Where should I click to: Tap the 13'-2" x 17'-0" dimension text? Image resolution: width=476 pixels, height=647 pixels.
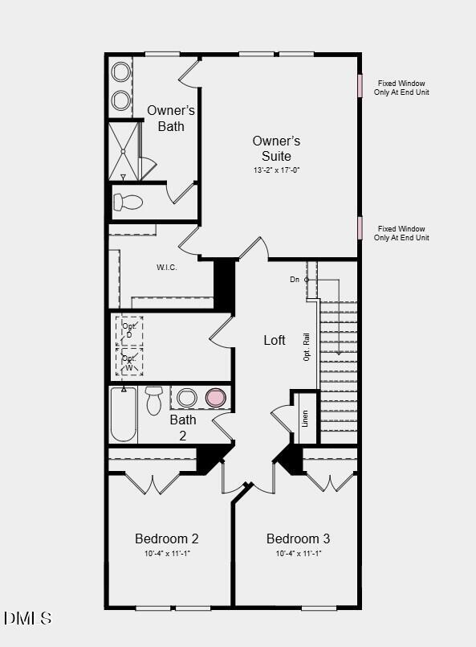pyautogui.click(x=276, y=170)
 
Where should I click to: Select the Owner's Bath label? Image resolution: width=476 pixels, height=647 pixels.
pyautogui.click(x=170, y=118)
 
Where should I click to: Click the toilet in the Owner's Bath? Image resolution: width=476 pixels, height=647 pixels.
pyautogui.click(x=127, y=201)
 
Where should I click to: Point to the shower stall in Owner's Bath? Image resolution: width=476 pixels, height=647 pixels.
pyautogui.click(x=124, y=150)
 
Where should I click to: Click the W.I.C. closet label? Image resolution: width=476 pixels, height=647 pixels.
pyautogui.click(x=166, y=267)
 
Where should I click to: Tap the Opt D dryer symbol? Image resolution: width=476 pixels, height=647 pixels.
pyautogui.click(x=129, y=330)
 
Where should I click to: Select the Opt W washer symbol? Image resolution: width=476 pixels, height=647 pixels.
pyautogui.click(x=129, y=362)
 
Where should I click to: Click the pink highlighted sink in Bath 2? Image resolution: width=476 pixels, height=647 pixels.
pyautogui.click(x=215, y=397)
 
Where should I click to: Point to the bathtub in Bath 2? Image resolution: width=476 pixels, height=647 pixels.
pyautogui.click(x=124, y=414)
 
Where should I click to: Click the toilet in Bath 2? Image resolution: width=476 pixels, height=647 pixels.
pyautogui.click(x=154, y=399)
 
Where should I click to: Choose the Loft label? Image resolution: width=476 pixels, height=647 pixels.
pyautogui.click(x=275, y=340)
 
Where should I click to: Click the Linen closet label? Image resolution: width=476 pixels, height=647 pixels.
pyautogui.click(x=305, y=417)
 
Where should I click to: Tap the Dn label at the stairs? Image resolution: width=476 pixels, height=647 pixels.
pyautogui.click(x=295, y=279)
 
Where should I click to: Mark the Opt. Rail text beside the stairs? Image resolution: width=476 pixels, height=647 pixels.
pyautogui.click(x=307, y=348)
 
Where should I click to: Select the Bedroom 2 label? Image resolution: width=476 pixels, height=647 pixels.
pyautogui.click(x=166, y=538)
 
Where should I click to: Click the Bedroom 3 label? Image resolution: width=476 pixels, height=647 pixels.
pyautogui.click(x=298, y=538)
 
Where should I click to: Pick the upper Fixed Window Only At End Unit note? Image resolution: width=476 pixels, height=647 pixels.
pyautogui.click(x=401, y=88)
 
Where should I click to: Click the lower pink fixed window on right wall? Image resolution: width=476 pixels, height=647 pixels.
pyautogui.click(x=360, y=227)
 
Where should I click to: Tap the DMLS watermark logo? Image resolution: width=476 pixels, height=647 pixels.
pyautogui.click(x=27, y=618)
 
